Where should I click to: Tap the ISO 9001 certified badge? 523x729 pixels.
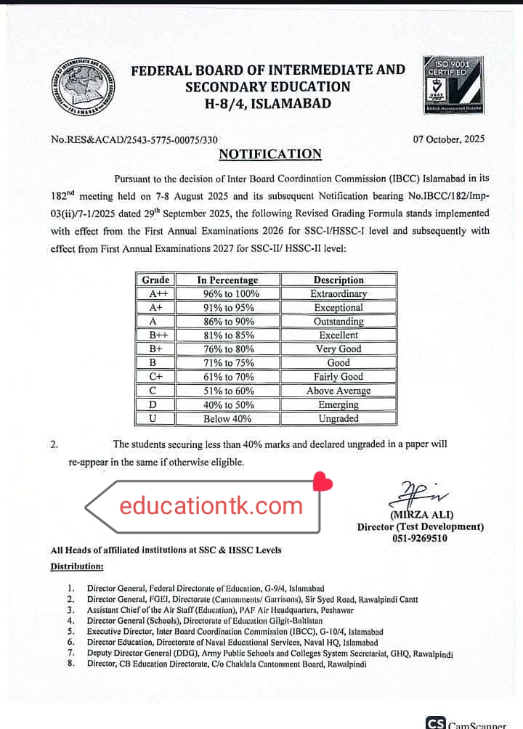point(453,85)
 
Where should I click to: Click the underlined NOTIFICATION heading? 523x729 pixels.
point(270,154)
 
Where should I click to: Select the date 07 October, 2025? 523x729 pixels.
point(448,139)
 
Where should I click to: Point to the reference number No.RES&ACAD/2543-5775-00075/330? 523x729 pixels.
point(134,139)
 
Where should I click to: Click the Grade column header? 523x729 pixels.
point(155,280)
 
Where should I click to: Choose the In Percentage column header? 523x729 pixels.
point(227,280)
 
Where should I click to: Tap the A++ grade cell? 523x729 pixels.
point(155,294)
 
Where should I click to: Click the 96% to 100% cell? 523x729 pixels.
point(227,294)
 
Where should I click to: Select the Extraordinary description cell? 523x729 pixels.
point(338,294)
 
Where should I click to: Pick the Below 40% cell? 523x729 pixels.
point(227,419)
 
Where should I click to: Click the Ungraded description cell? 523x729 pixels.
point(338,419)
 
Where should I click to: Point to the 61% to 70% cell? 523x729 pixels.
point(227,377)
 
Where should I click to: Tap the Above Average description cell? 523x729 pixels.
point(338,391)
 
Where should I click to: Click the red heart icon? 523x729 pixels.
point(323,482)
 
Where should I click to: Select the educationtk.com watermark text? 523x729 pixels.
point(211,506)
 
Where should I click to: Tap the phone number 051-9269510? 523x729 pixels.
point(420,539)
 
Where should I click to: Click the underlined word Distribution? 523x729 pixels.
point(76,566)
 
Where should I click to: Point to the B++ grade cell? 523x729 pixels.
point(155,335)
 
